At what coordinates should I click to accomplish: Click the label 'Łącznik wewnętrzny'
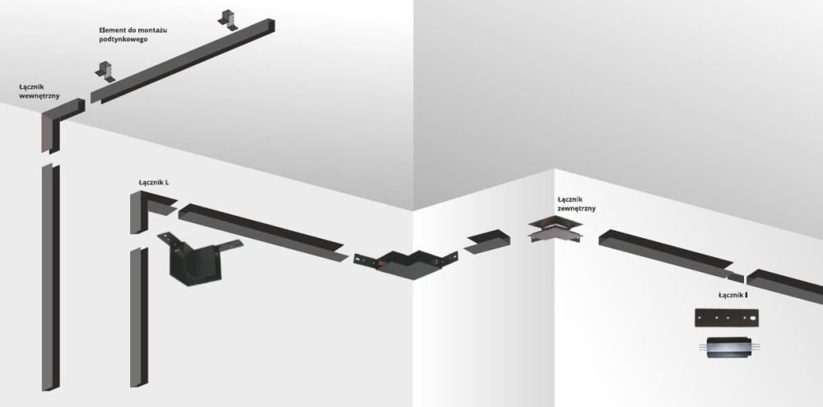[39, 91]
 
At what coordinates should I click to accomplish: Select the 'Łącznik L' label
[154, 183]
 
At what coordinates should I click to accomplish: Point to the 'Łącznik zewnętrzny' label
[576, 203]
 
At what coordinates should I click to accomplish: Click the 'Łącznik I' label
[732, 296]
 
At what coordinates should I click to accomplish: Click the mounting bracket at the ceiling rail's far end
[228, 20]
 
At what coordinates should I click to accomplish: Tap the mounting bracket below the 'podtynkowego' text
[105, 72]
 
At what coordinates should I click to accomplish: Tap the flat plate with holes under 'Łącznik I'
[727, 318]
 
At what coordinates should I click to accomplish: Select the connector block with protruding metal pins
[729, 348]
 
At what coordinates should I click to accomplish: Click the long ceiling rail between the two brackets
[183, 61]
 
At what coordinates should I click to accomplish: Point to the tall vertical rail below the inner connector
[50, 278]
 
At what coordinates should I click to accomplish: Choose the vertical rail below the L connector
[139, 316]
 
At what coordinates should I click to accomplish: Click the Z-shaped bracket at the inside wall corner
[405, 263]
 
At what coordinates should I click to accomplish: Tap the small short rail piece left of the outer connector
[486, 241]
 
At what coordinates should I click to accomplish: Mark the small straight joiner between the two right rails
[735, 276]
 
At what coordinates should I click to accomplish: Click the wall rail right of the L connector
[263, 232]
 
